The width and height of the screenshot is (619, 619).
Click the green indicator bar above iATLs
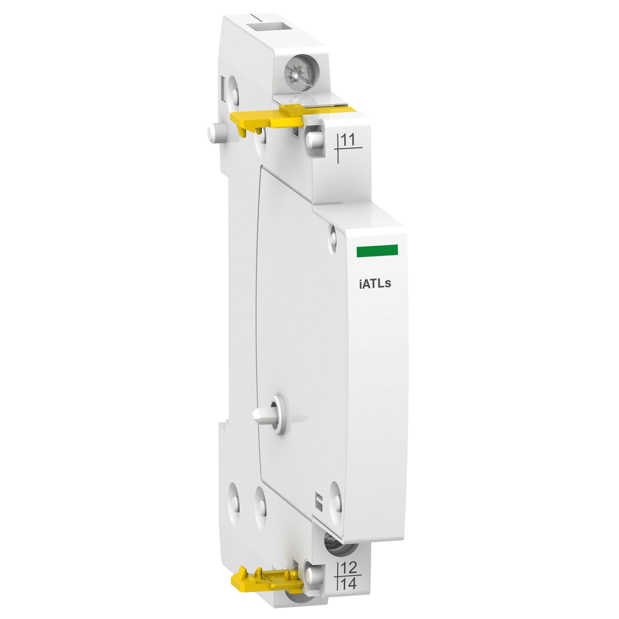coord(377,250)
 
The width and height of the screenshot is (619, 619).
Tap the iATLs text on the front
coord(374,284)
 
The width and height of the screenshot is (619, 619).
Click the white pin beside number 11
coord(315,138)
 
